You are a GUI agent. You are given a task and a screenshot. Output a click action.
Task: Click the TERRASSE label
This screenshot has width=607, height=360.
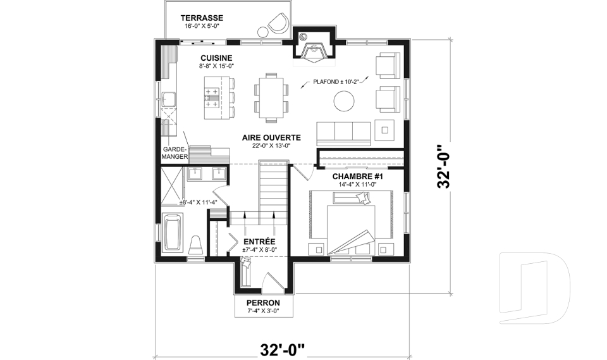point(202,17)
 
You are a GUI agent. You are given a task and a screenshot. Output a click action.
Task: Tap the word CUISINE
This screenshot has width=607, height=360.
point(216,57)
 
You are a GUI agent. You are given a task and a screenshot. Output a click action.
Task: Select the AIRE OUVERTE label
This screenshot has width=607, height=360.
point(271,137)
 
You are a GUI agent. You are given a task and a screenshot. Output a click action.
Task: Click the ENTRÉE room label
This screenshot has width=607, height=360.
point(259,241)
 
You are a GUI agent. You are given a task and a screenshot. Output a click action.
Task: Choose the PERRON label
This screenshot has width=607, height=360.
point(263,302)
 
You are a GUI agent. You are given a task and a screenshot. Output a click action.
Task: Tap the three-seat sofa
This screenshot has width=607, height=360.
point(343,132)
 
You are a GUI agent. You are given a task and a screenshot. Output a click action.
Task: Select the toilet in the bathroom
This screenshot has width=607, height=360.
point(195,245)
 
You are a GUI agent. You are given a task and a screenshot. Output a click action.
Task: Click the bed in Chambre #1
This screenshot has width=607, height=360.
point(351,221)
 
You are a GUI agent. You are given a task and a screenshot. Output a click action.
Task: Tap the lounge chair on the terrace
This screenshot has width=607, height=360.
point(276,25)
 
